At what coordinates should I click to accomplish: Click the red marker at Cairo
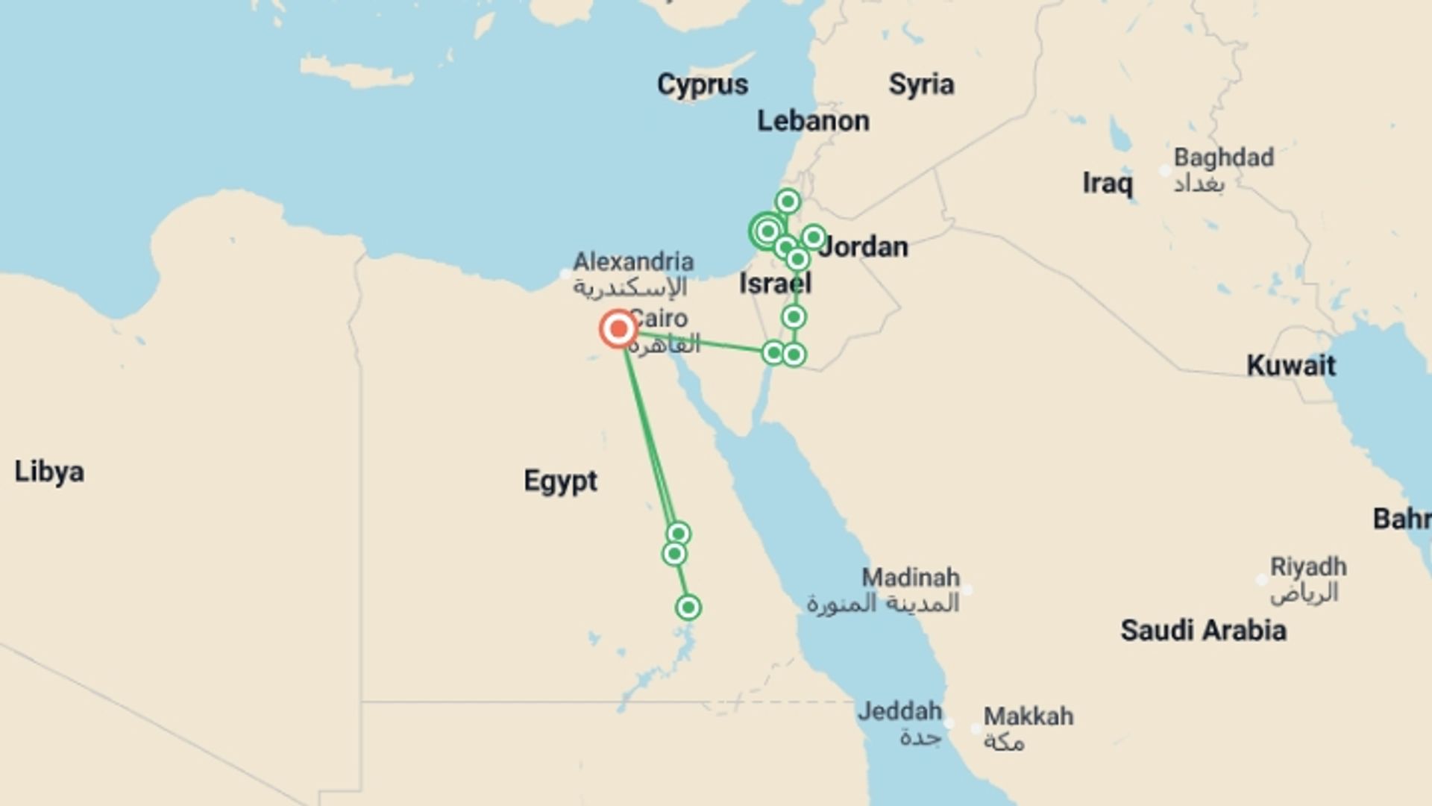618,328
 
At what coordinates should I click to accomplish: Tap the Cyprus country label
702,84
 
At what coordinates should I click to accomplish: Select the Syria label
921,84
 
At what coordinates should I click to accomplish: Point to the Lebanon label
813,121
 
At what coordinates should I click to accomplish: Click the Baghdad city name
1223,158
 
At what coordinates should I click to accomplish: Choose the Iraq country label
1108,184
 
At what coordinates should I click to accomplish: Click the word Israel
775,284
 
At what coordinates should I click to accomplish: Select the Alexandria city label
633,262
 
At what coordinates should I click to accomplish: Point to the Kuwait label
1291,366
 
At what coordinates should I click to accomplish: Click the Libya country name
49,472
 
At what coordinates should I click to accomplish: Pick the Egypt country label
560,481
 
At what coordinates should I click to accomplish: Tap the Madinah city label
911,578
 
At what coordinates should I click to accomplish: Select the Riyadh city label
1308,567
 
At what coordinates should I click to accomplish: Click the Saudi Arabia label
1203,631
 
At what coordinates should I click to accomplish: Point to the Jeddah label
899,711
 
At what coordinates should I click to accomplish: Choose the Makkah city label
1028,716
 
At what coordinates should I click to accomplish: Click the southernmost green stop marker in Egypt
688,607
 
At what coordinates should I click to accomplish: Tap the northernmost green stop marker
788,201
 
